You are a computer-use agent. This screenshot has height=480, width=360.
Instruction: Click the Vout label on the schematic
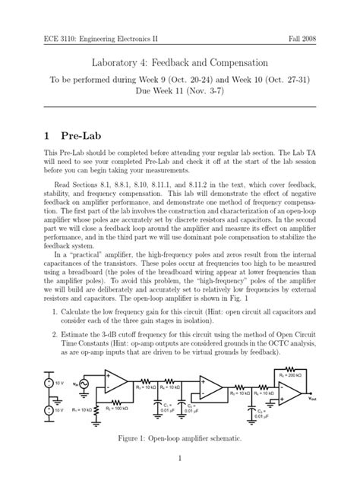[313, 418]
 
